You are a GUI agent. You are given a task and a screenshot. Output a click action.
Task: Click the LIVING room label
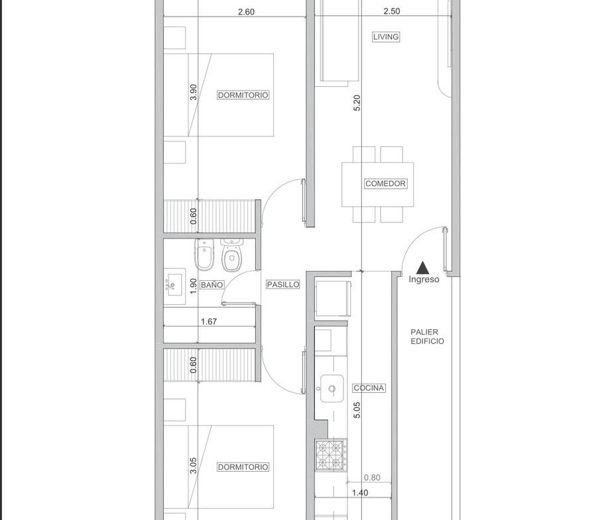[386, 37]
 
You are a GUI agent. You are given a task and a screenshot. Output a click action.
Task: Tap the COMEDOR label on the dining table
[385, 183]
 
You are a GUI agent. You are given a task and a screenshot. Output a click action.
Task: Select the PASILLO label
[283, 285]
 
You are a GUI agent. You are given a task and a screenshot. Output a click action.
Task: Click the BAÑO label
[212, 285]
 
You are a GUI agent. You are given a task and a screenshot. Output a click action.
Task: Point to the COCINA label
[369, 388]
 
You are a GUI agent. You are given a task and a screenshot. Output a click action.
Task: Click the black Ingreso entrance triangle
[423, 268]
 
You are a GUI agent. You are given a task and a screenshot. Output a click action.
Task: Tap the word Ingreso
[424, 280]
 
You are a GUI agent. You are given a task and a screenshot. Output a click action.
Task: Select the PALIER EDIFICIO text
[428, 337]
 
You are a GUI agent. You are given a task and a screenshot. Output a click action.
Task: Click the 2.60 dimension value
[246, 12]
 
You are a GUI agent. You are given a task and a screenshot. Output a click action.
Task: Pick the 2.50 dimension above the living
[392, 11]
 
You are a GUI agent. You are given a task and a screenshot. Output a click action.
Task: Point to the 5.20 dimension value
[357, 103]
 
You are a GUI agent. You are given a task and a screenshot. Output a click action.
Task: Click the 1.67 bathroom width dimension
[209, 321]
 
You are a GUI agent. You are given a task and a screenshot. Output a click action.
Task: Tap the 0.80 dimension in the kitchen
[372, 478]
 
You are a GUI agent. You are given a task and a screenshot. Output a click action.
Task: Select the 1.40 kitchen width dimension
[360, 493]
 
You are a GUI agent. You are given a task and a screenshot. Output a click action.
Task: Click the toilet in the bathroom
[232, 255]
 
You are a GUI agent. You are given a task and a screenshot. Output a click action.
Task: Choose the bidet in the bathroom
[204, 254]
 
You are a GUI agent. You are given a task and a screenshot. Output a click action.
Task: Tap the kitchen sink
[332, 389]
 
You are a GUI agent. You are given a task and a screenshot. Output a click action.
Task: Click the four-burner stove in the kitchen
[331, 455]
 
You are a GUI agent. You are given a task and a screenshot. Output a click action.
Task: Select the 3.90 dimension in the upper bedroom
[193, 92]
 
